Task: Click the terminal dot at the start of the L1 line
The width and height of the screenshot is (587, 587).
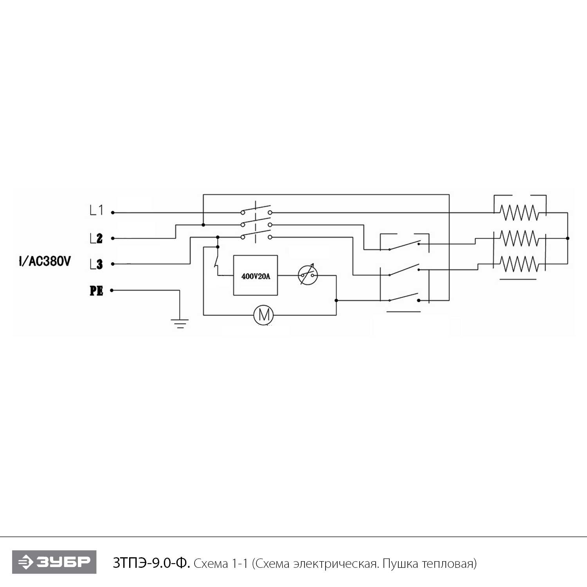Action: (113, 212)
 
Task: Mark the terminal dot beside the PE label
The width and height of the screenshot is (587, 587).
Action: (112, 290)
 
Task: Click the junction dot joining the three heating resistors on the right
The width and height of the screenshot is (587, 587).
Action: (567, 238)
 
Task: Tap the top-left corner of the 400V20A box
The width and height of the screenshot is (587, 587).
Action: (234, 256)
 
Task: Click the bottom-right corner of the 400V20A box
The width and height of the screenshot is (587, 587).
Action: (277, 295)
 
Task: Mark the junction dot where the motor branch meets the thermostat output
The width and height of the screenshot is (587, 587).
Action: (336, 301)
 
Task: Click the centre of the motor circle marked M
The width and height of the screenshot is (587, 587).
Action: (263, 315)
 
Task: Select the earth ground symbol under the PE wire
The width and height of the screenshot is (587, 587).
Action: (180, 324)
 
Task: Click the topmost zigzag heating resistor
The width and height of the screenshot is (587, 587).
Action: (519, 212)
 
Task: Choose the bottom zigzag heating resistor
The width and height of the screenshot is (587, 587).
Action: (519, 264)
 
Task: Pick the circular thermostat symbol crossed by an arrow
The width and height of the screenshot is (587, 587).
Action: (308, 275)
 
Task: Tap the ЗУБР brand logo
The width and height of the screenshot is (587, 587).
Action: (54, 562)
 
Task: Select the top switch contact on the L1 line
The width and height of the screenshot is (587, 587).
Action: (256, 210)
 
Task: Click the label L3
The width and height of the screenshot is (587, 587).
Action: (96, 264)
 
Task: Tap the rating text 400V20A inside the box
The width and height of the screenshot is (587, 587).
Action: (256, 276)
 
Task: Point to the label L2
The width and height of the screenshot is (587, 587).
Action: (96, 238)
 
